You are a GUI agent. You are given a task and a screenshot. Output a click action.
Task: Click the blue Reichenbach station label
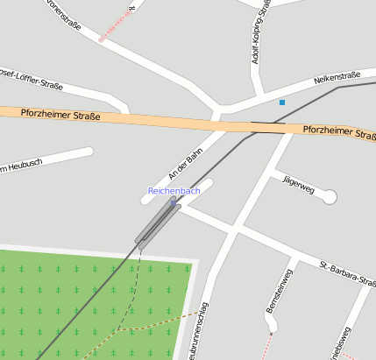174,190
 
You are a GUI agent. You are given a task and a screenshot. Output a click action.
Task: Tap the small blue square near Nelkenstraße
282,102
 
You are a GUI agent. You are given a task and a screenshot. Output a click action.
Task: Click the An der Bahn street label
185,164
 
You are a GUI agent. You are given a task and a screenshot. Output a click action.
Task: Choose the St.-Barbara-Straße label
347,271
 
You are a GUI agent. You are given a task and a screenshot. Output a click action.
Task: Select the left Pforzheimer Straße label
62,114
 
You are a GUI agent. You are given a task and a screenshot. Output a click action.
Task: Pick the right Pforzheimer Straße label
338,132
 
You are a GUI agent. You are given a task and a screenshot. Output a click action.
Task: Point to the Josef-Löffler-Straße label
32,79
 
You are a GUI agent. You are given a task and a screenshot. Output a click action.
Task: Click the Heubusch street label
21,164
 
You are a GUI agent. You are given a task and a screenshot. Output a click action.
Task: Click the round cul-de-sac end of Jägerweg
330,197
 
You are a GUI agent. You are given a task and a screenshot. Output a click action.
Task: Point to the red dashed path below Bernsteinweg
266,346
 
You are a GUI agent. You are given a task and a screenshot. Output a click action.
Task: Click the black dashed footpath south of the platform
136,289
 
